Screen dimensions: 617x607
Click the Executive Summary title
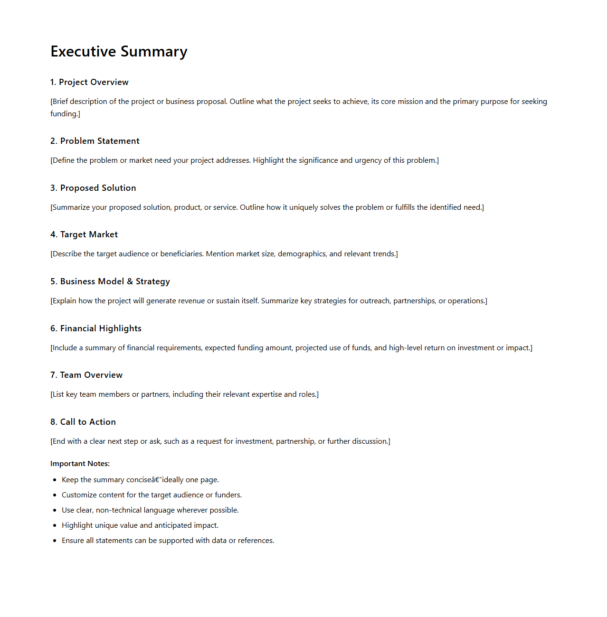(x=119, y=51)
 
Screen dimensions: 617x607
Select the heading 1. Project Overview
(x=89, y=82)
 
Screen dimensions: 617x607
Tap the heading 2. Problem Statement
(x=95, y=141)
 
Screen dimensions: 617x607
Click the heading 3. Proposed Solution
(x=93, y=188)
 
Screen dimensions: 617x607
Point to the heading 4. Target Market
(x=84, y=234)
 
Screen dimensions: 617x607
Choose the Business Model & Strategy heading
(x=115, y=281)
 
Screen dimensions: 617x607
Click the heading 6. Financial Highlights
(x=96, y=328)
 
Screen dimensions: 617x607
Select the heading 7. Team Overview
(x=86, y=375)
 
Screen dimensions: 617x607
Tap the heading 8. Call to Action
(x=83, y=422)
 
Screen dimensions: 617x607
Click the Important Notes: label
(x=80, y=464)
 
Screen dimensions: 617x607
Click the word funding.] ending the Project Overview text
(x=65, y=114)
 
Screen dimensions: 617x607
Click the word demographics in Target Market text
(x=302, y=254)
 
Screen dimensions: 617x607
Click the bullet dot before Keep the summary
(x=55, y=480)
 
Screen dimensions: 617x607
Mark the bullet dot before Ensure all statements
(x=55, y=541)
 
